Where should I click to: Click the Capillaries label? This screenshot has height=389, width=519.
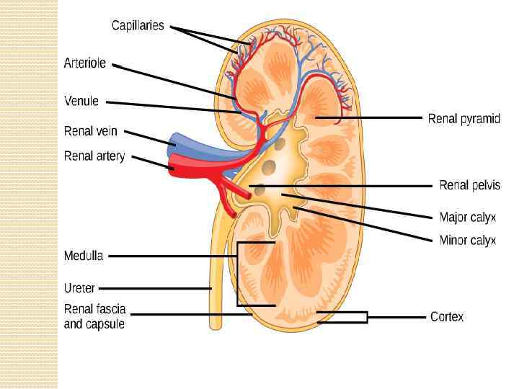point(138,26)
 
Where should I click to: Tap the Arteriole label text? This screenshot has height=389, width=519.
point(85,63)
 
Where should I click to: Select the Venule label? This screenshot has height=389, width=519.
point(81,102)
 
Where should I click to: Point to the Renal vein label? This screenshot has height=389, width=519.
point(90,132)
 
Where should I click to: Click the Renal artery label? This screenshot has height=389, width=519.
point(94,156)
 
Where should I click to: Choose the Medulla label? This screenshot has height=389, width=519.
point(84,256)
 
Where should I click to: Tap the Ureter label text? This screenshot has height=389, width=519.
point(79,288)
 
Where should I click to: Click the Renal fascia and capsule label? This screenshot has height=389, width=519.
point(94,316)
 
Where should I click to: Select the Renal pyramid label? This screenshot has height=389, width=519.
point(464,118)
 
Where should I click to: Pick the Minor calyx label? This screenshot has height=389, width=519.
point(468,240)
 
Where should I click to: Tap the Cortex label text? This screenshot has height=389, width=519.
point(447,316)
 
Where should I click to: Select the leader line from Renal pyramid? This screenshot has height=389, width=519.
point(368,117)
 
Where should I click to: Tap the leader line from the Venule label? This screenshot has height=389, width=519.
point(173,107)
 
